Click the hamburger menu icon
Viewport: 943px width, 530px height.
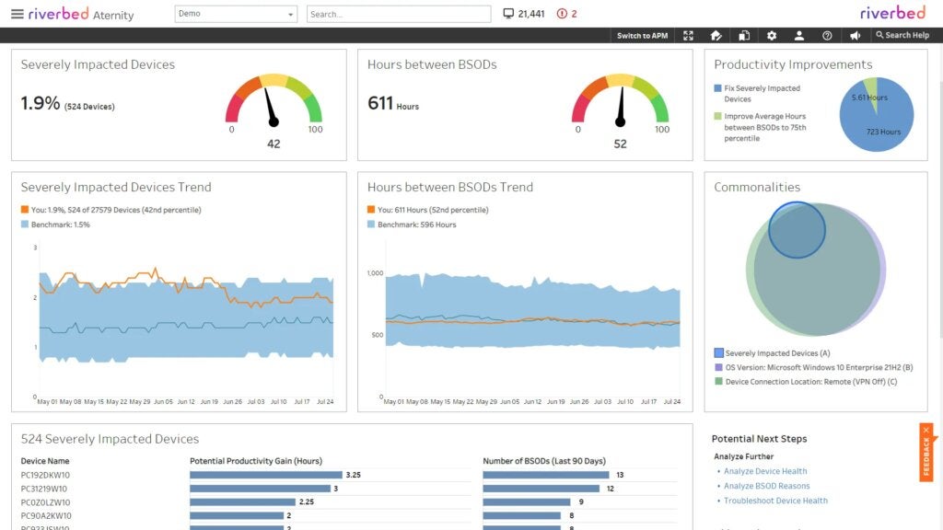pyautogui.click(x=17, y=14)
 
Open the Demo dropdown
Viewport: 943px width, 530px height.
pyautogui.click(x=236, y=14)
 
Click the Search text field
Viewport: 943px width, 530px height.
pyautogui.click(x=398, y=15)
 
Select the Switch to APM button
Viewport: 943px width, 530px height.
pyautogui.click(x=642, y=36)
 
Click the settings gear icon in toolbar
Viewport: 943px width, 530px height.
pyautogui.click(x=772, y=36)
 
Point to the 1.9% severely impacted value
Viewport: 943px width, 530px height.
pyautogui.click(x=40, y=104)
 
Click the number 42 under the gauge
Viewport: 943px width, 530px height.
pyautogui.click(x=274, y=144)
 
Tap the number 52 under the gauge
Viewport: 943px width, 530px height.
pyautogui.click(x=620, y=144)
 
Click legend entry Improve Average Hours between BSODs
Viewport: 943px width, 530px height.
pyautogui.click(x=764, y=127)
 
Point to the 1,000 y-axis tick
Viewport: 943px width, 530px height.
pyautogui.click(x=374, y=273)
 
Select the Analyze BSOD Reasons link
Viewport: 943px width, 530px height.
pyautogui.click(x=766, y=486)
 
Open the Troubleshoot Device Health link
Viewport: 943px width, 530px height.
pyautogui.click(x=775, y=501)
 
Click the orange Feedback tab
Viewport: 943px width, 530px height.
pyautogui.click(x=926, y=452)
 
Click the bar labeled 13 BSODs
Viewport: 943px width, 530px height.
pyautogui.click(x=545, y=475)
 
